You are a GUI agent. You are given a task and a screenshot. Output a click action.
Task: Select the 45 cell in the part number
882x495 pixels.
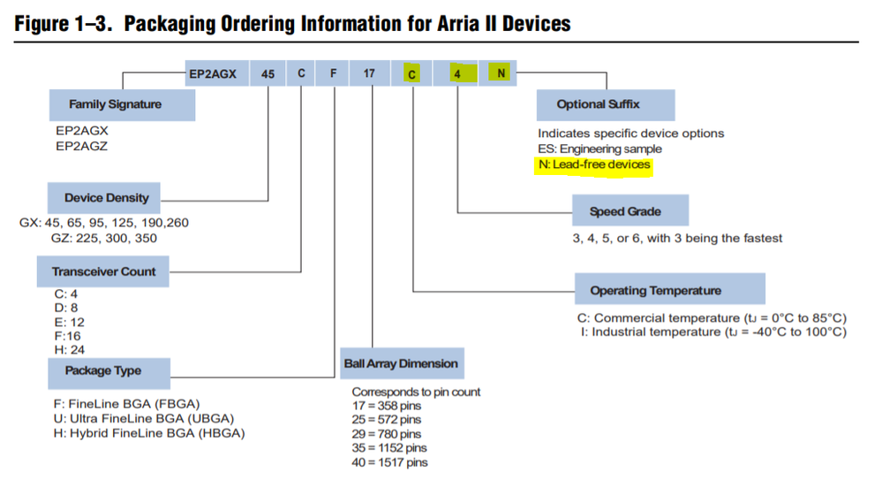[x=268, y=73]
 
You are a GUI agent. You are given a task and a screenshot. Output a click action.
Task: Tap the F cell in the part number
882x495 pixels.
[x=333, y=73]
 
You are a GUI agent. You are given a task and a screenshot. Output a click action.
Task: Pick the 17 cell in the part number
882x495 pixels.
[x=370, y=73]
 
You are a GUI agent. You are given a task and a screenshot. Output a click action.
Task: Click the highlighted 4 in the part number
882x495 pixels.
[x=458, y=73]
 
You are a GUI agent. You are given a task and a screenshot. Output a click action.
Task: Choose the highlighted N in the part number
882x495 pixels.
[x=500, y=73]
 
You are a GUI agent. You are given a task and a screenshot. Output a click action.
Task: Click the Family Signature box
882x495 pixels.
[x=122, y=104]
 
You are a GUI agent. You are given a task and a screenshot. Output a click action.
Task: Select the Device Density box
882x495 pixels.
[x=104, y=198]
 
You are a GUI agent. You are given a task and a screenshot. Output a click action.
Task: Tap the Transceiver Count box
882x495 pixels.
[x=103, y=271]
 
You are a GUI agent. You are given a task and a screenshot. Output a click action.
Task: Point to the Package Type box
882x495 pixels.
[x=109, y=373]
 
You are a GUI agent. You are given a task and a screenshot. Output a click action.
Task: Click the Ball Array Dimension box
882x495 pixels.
[x=402, y=363]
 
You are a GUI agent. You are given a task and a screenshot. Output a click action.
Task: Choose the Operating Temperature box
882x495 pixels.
[x=670, y=289]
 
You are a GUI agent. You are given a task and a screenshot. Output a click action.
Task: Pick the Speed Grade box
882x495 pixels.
[x=630, y=210]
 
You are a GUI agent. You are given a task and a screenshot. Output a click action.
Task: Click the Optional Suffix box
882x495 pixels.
[x=606, y=104]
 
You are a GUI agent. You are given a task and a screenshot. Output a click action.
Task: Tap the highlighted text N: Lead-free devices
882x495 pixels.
[x=594, y=165]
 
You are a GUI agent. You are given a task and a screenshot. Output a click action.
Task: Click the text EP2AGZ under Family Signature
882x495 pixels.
[x=81, y=147]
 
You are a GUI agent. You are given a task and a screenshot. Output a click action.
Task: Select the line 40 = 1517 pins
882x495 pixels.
[x=390, y=462]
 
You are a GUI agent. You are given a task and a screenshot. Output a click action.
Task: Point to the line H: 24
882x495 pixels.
[x=69, y=350]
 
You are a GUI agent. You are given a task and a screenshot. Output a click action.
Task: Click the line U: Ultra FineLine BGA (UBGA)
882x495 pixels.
[x=143, y=418]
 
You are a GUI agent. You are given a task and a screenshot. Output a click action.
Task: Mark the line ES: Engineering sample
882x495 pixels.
[x=599, y=148]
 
